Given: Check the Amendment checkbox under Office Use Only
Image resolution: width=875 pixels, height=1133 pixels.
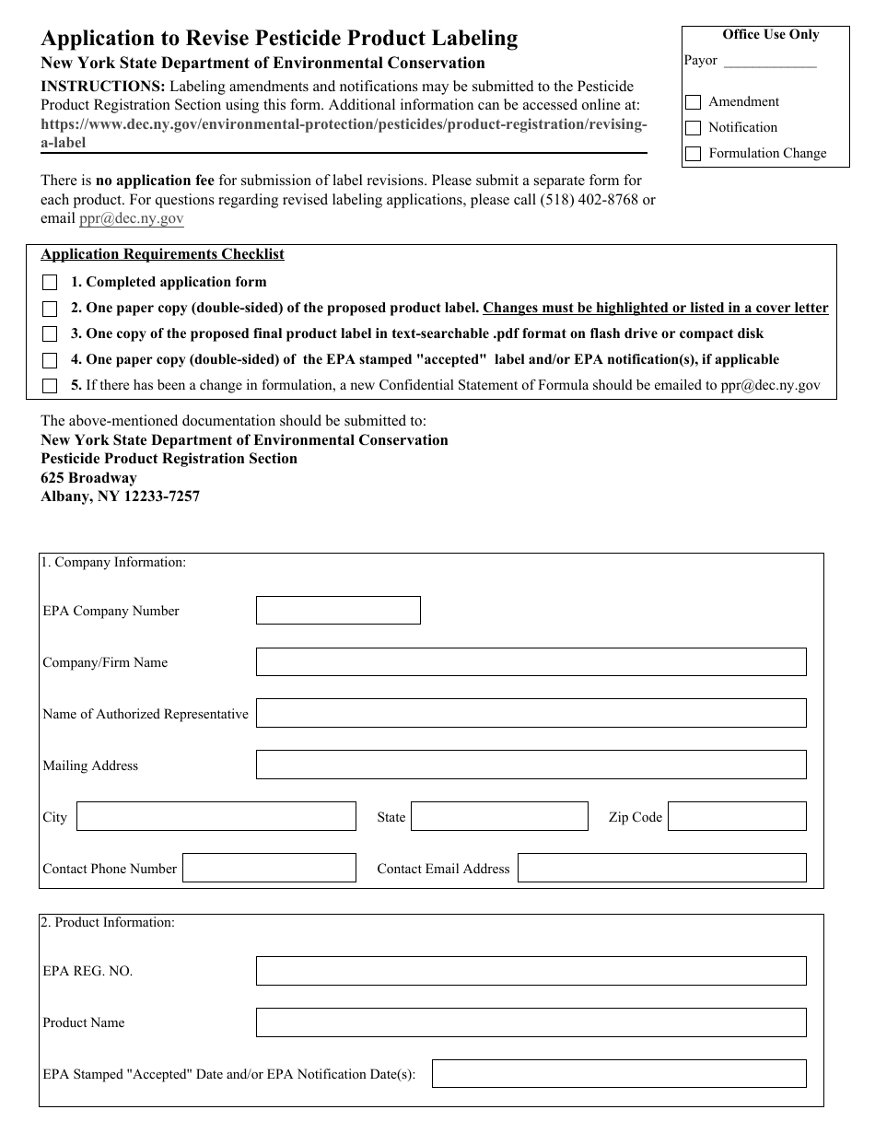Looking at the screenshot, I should coord(693,102).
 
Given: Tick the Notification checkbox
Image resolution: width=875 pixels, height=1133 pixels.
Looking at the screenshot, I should coord(693,128).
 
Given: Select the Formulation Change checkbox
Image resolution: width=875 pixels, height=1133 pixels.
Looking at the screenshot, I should coord(693,154).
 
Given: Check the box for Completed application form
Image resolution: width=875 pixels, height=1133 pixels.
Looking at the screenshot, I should coord(50,283).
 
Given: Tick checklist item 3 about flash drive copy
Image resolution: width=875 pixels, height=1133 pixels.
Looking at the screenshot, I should coord(50,334).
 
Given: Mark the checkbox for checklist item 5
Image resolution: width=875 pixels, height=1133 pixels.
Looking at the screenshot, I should coord(50,386).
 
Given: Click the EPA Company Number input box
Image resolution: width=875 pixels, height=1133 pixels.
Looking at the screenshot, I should coord(338,611).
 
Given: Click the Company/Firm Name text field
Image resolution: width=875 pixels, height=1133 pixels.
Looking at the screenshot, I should coord(531,662).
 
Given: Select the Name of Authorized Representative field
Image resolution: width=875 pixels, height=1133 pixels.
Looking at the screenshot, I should coord(531,714).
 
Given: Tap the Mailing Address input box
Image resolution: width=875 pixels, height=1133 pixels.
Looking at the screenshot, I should coord(531,765).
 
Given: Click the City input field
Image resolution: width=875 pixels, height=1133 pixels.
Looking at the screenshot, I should coord(216,817).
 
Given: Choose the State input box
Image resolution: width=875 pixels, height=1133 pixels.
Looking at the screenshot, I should coord(498,817).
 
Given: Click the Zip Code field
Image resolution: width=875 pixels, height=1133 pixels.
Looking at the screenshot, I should coord(736,817).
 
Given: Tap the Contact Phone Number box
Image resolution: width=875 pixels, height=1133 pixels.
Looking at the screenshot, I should coord(268,869).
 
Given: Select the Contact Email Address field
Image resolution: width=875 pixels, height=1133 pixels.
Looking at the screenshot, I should coord(661,869).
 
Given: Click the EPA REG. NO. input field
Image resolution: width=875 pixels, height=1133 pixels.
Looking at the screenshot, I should coord(531,971).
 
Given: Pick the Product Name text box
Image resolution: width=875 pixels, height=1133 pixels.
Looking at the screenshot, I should coord(531,1022).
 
